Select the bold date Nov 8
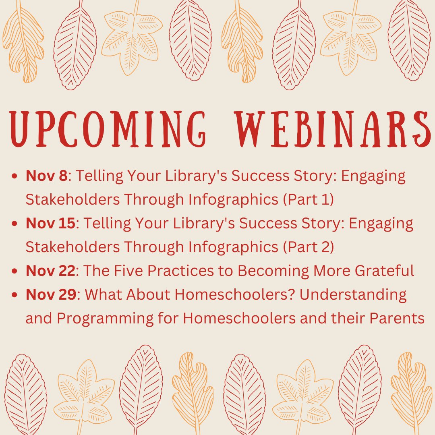46,176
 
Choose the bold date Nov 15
50,224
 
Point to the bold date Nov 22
50,271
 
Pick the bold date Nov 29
50,295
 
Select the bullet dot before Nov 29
15,295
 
